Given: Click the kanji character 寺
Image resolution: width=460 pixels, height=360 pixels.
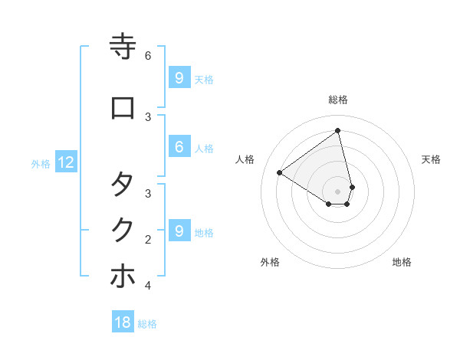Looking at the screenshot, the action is [123, 47].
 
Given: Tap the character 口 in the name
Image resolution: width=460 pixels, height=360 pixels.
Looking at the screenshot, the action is [123, 108].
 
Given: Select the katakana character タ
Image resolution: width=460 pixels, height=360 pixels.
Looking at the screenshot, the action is [123, 184].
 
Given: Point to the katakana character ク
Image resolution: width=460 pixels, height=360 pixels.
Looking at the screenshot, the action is [123, 231].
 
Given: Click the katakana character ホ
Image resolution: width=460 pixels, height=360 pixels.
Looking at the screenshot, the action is [123, 277].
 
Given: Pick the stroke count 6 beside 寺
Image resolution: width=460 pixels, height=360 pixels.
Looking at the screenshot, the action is [148, 56].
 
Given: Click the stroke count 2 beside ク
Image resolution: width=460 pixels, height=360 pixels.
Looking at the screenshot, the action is [148, 239].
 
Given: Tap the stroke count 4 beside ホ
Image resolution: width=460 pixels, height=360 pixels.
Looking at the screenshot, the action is [148, 286].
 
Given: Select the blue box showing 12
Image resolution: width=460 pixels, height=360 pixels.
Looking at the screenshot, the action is [66, 162].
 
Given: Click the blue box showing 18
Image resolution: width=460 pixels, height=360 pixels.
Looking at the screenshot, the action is [123, 322].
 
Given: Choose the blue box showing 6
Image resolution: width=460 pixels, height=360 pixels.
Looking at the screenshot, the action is [179, 147].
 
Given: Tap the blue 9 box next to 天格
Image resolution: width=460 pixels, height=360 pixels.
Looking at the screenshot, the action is [179, 77].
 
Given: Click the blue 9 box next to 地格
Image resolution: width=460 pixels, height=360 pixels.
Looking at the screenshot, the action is [179, 231].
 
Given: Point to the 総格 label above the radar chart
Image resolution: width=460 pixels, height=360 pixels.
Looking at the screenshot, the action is [338, 100].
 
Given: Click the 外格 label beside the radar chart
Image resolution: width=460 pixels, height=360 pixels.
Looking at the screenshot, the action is [270, 263].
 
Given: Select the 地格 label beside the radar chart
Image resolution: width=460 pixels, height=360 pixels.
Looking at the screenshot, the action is [402, 263].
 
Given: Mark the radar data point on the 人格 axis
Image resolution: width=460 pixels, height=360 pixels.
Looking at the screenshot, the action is [279, 172].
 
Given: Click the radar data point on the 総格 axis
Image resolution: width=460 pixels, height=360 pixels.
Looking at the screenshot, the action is [338, 131].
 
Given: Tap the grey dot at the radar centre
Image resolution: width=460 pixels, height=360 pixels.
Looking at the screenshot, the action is [338, 191].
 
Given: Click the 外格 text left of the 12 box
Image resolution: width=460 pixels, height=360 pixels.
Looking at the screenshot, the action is [41, 163].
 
